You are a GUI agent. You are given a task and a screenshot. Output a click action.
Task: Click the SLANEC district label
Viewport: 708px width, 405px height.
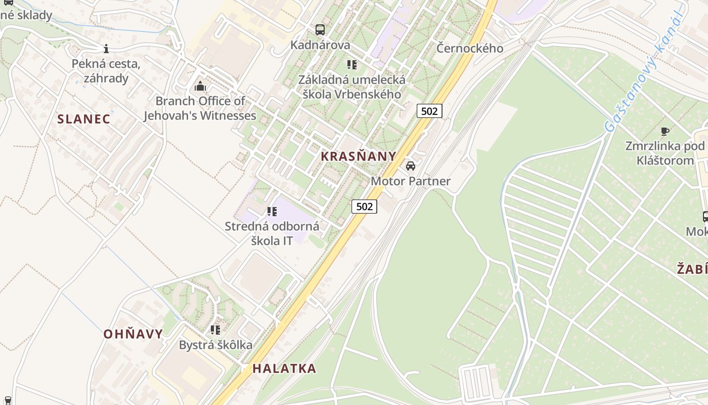coord(83,119)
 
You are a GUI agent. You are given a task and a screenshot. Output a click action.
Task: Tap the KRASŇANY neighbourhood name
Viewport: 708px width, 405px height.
coord(359,156)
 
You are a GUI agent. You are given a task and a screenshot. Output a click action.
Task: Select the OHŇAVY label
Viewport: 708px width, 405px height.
coord(133,334)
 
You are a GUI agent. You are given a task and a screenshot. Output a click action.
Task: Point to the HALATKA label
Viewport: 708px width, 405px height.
coord(284,369)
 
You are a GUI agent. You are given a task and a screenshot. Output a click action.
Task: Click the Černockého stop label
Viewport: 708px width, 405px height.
coord(470,49)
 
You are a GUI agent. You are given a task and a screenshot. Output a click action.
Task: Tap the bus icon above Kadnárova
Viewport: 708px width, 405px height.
coord(320,30)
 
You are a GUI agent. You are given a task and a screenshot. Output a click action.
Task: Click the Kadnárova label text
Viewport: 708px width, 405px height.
coord(320,46)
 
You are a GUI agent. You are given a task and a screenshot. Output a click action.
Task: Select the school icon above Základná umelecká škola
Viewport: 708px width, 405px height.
coord(351,65)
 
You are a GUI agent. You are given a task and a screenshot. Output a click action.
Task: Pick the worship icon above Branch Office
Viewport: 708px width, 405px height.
coord(200,86)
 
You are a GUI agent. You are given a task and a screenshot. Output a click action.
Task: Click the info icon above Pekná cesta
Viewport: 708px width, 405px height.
coord(106,49)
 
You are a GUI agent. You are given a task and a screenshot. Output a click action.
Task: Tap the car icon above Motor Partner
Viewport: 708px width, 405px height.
coord(411,166)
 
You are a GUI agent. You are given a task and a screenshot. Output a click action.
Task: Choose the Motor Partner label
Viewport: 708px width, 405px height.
coord(411,181)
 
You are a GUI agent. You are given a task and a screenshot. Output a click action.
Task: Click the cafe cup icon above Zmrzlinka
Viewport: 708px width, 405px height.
coord(665,132)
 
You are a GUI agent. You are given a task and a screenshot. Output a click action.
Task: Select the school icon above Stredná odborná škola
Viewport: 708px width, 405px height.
coord(272,212)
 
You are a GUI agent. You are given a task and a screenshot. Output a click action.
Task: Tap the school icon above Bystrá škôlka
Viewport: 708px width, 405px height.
coord(215,330)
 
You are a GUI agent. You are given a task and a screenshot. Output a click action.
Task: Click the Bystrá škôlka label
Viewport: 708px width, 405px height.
coord(215,345)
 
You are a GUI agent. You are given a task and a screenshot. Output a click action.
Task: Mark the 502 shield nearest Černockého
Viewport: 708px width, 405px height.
coord(429,111)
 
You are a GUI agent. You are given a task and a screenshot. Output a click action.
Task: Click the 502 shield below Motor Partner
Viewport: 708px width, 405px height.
coord(364,206)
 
